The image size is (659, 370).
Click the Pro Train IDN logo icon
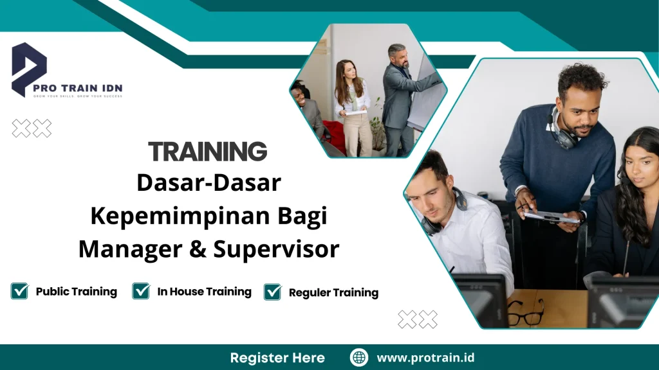point(29,68)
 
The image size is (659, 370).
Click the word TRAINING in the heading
point(207,152)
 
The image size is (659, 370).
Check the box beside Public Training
point(19,291)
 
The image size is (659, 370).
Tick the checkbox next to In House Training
point(141,291)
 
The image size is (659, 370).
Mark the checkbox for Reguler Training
point(273,292)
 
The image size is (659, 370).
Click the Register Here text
point(277,358)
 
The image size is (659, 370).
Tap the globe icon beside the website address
point(359,358)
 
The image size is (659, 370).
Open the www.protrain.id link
point(425,358)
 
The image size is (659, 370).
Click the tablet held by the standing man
point(550,216)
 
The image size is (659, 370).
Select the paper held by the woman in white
point(355,112)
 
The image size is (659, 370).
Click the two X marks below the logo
point(32,128)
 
